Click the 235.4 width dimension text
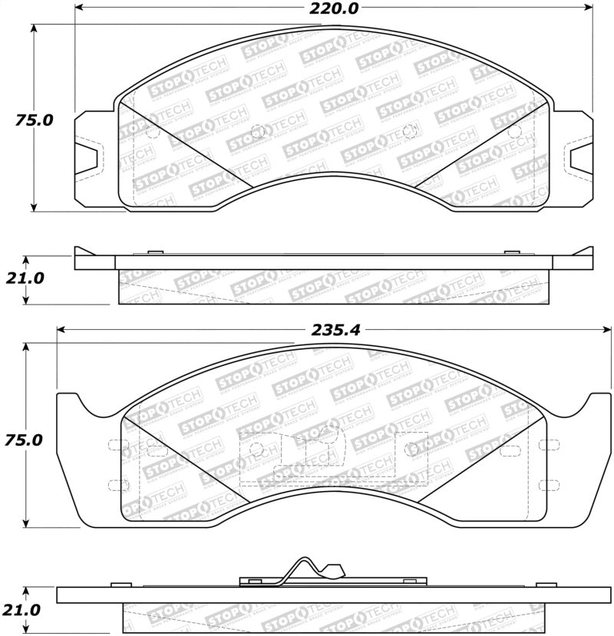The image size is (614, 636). pyautogui.click(x=335, y=330)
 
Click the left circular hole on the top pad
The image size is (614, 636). pyautogui.click(x=258, y=130)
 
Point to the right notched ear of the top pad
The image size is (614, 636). pyautogui.click(x=577, y=157)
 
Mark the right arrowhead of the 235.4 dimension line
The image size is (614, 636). pyautogui.click(x=606, y=330)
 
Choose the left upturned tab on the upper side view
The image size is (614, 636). pyautogui.click(x=84, y=250)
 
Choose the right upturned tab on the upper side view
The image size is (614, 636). pyautogui.click(x=585, y=250)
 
